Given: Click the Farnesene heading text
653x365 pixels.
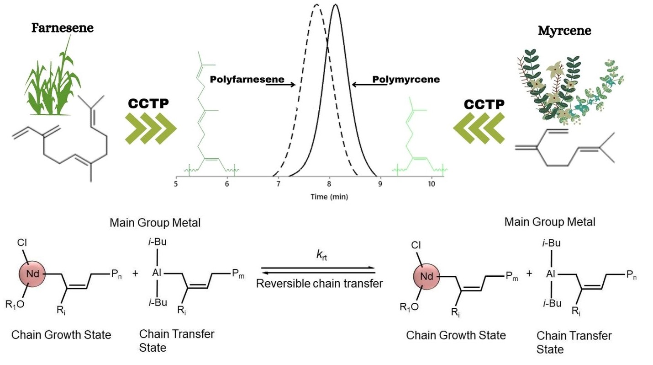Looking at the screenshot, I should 62,28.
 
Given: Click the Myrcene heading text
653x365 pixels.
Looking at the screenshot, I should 564,31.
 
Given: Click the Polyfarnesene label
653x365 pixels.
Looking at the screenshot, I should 247,80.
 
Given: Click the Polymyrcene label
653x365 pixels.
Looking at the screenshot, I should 406,80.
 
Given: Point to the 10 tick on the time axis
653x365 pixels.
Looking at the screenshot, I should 432,184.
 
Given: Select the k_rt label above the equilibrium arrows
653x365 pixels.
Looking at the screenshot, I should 321,255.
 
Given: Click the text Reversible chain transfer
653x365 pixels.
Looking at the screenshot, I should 319,284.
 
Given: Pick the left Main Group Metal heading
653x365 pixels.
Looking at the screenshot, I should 155,223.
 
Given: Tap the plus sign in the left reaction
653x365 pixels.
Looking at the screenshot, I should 135,274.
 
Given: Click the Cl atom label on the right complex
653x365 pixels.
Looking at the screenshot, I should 416,246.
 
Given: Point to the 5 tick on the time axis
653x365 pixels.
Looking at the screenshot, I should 176,184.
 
